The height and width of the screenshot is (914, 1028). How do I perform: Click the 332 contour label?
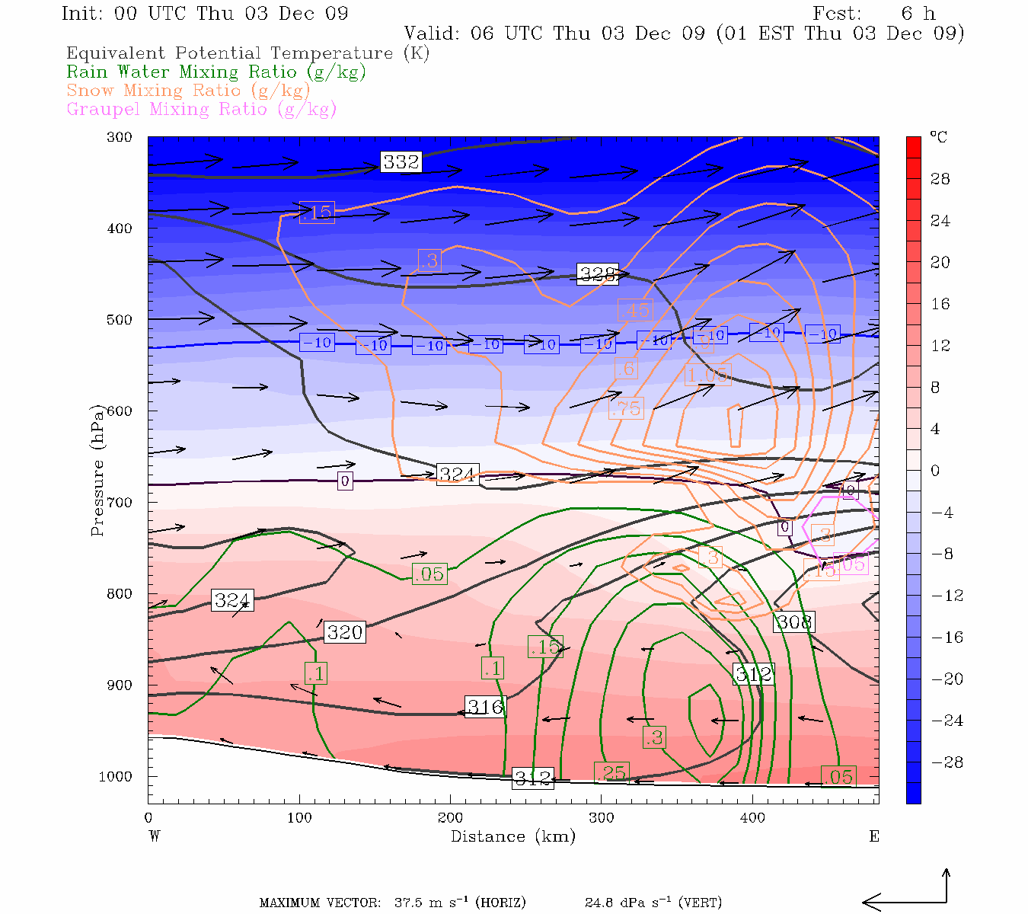[401, 161]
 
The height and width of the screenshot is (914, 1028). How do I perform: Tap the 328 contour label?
[598, 274]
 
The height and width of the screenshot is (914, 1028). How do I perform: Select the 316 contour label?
[485, 707]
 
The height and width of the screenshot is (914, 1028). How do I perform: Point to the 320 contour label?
[345, 632]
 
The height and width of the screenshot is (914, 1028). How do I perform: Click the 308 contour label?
[793, 622]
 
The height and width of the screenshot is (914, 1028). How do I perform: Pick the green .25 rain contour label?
[611, 773]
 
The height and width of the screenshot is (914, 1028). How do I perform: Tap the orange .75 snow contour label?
[626, 408]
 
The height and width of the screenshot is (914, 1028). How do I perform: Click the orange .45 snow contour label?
[634, 310]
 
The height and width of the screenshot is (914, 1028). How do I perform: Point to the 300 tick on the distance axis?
[601, 818]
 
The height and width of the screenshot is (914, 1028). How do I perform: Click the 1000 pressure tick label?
[116, 777]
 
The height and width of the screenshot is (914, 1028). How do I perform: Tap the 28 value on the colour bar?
[940, 179]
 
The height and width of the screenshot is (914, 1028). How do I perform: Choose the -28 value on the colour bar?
[942, 762]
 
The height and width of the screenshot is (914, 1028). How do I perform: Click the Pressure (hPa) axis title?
[97, 471]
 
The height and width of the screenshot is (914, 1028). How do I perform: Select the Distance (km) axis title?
[512, 836]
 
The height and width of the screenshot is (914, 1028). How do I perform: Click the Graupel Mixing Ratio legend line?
[201, 109]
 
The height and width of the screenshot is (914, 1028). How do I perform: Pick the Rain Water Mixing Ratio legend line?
[216, 72]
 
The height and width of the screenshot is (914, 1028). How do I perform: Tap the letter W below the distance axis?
[155, 836]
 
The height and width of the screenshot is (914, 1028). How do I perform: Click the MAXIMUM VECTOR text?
[319, 903]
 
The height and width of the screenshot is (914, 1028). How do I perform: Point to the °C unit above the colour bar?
[938, 138]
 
